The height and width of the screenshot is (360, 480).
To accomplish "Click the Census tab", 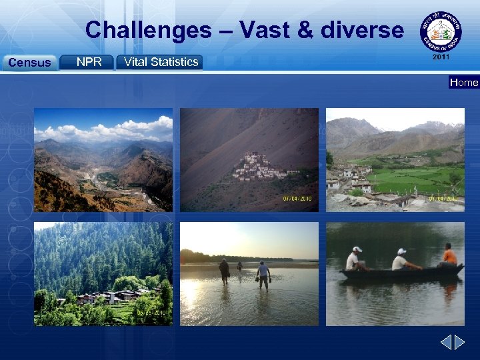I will point(29,63).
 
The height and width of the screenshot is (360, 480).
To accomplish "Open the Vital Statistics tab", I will point(159,62).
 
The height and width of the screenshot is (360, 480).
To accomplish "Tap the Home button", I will point(464,83).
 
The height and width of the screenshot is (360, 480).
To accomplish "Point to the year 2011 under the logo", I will point(441,57).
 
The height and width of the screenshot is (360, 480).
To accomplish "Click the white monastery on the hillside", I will point(255,167).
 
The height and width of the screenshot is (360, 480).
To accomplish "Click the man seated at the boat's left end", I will point(353,259).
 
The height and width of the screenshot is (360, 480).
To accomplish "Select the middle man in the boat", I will point(401,259).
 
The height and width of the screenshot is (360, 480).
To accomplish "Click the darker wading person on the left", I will point(224,270).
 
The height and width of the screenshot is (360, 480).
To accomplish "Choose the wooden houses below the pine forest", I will point(113,295).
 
